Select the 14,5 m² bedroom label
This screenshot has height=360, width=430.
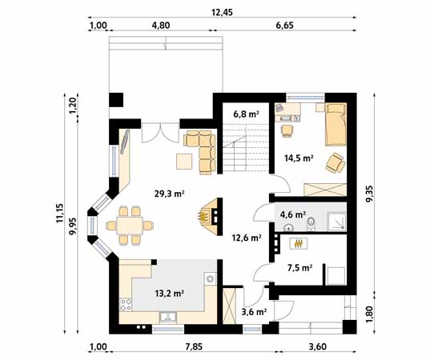click(298, 158)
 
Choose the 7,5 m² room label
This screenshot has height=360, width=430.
click(298, 268)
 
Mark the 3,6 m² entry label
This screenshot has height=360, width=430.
click(253, 312)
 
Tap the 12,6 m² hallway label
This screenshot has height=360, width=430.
click(247, 237)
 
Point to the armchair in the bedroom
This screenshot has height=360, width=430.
click(335, 164)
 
